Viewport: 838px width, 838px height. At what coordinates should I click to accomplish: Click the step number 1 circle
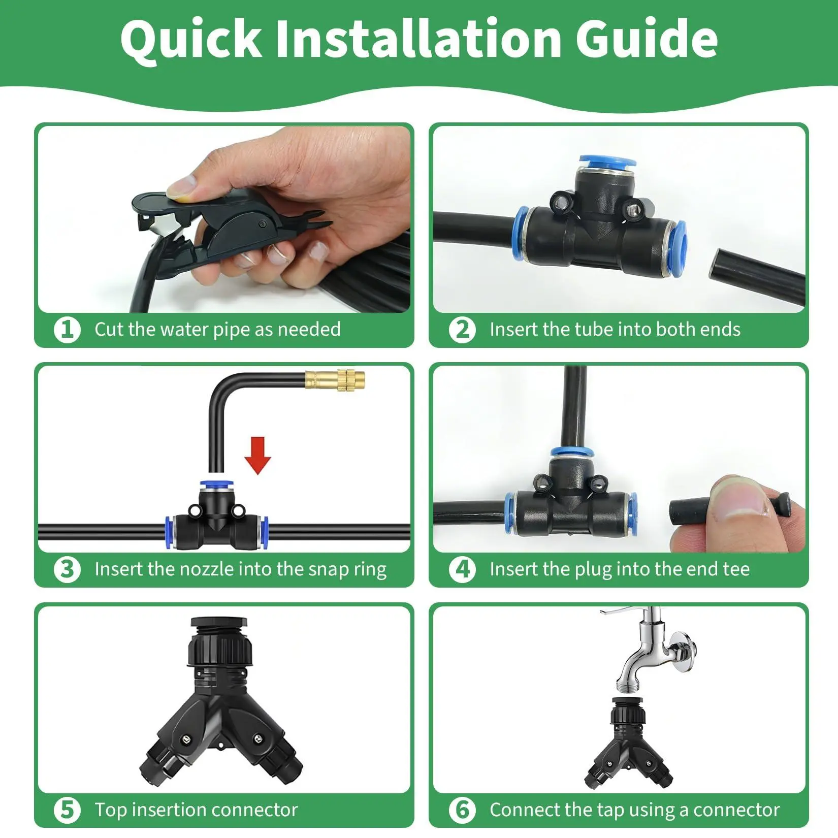67,330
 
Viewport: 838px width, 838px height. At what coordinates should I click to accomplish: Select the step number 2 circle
462,330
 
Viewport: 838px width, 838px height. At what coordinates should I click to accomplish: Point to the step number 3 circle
67,569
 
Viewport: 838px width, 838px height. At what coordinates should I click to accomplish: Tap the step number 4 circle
462,569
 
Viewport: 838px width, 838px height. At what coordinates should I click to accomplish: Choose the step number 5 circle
67,810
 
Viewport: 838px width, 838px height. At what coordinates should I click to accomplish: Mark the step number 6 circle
462,810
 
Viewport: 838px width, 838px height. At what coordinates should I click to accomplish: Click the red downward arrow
257,456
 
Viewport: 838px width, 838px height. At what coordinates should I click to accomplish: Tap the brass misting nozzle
335,380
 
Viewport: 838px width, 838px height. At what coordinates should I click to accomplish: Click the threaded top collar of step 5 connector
219,642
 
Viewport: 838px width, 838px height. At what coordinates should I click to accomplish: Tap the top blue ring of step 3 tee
216,485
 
